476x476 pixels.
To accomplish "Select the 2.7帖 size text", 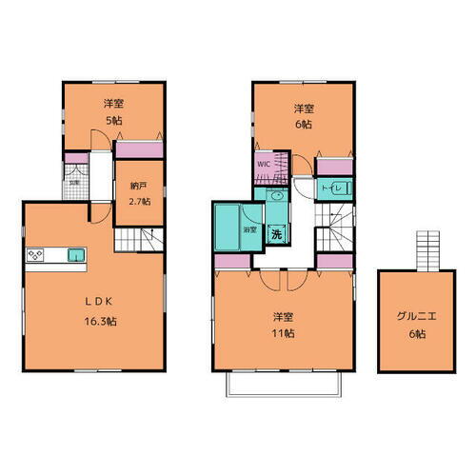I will [x=140, y=202].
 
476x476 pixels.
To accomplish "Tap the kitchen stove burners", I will [x=36, y=255].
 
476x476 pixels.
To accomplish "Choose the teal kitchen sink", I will [x=75, y=254].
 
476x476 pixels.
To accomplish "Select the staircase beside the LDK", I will [x=149, y=241].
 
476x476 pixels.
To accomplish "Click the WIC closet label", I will [x=264, y=164].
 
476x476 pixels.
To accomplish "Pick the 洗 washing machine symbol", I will [x=276, y=233].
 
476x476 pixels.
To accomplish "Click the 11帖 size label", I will [x=281, y=333].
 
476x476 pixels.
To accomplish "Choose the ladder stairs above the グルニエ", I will [x=426, y=251].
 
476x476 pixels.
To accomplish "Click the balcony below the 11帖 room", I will [x=281, y=384].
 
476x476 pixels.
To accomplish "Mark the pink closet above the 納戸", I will [x=140, y=149].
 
